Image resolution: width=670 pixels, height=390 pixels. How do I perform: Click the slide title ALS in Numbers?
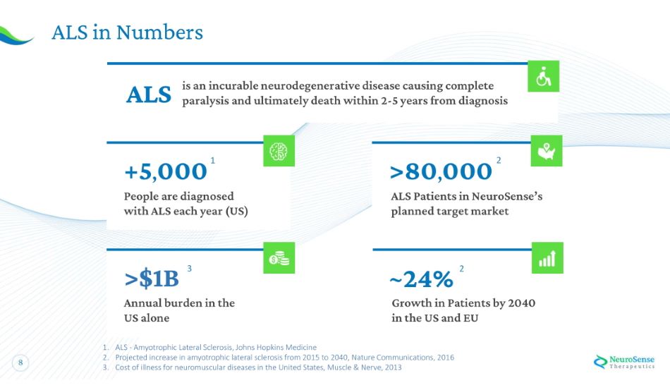coord(127,32)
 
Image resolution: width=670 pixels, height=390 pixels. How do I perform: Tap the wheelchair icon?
coord(544,76)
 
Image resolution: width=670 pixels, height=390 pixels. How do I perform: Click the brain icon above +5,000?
coord(279,150)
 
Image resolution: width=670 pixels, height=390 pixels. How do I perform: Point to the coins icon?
coord(279,258)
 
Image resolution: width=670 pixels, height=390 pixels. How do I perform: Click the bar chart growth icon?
coord(547,258)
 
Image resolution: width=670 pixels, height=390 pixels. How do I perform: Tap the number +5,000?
coord(166,171)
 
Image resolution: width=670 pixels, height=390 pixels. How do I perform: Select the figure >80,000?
coord(441,171)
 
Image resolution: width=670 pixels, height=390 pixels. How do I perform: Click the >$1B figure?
coord(152,279)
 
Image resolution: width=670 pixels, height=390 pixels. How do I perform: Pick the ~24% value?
coord(421,279)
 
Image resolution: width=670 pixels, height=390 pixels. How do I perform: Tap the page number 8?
coord(20,363)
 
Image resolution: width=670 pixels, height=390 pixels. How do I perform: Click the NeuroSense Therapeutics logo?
coord(624,361)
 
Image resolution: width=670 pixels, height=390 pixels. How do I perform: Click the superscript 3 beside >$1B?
coord(190,269)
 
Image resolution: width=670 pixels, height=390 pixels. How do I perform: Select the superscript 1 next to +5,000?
coord(213,162)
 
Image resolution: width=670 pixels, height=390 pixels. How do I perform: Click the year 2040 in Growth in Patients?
coord(520,303)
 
